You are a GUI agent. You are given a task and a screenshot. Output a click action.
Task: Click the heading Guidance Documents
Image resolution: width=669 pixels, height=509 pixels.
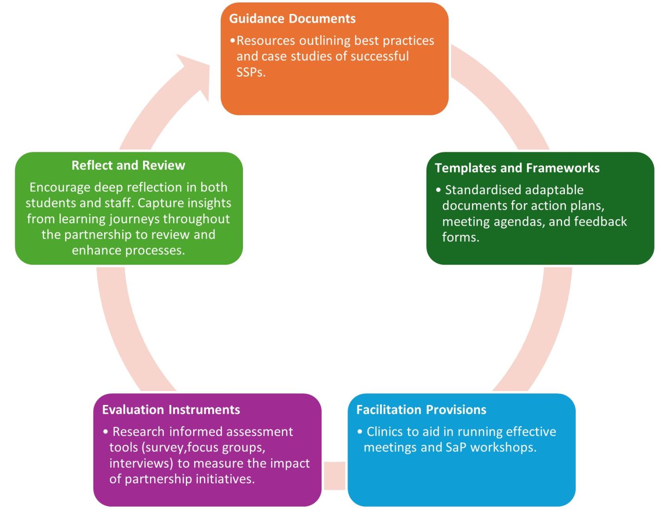[292, 19]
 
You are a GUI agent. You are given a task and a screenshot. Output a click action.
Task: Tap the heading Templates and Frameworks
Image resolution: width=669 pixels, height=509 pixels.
[517, 168]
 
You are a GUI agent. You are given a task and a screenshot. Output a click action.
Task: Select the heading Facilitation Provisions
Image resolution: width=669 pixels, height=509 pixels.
[421, 410]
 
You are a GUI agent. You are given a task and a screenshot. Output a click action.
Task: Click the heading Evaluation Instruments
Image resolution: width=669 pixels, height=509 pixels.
[171, 410]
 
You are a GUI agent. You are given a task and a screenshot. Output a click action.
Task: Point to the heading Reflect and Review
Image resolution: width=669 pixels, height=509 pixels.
[128, 165]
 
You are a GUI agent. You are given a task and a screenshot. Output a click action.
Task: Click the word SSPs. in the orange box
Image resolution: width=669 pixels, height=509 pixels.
[251, 72]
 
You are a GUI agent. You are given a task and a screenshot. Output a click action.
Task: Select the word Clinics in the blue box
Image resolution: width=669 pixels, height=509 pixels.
[384, 432]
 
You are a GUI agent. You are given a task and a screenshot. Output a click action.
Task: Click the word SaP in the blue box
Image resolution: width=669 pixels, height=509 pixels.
[456, 447]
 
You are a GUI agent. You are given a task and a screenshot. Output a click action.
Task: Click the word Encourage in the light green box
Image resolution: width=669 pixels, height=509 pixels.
[60, 187]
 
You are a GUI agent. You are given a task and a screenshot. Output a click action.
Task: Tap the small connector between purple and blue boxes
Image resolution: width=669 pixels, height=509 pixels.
[334, 475]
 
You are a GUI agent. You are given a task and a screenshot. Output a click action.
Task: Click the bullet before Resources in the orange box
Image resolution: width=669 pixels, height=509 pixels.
[233, 41]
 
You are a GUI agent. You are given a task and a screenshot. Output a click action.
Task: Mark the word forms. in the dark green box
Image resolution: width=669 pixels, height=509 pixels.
[460, 237]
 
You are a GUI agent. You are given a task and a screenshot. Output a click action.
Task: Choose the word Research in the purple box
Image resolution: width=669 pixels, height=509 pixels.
[138, 432]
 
